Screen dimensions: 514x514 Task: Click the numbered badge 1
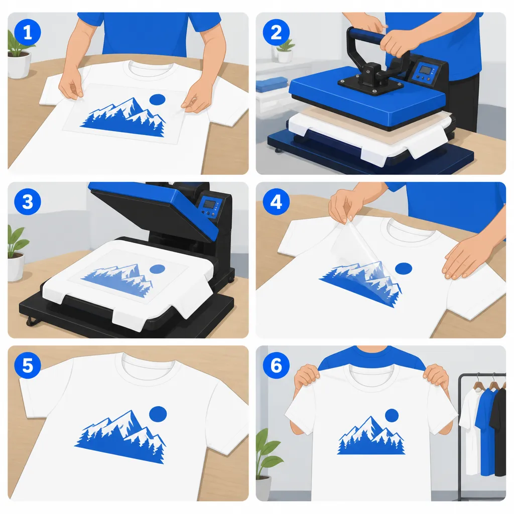click(x=28, y=33)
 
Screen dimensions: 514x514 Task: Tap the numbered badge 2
click(x=276, y=33)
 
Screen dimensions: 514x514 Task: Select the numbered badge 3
click(x=28, y=202)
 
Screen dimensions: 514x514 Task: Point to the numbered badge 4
click(x=276, y=202)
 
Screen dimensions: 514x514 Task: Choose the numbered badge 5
click(x=28, y=365)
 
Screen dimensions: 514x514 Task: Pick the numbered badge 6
click(x=276, y=365)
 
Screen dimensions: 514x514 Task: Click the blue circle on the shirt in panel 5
click(x=158, y=414)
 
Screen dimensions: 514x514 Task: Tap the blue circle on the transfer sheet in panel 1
click(x=157, y=100)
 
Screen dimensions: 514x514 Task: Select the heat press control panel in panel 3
click(x=209, y=207)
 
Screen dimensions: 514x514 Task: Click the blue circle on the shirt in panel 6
click(x=392, y=415)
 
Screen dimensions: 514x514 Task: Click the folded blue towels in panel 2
click(x=271, y=84)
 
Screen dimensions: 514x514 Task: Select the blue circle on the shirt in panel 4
click(x=404, y=269)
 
